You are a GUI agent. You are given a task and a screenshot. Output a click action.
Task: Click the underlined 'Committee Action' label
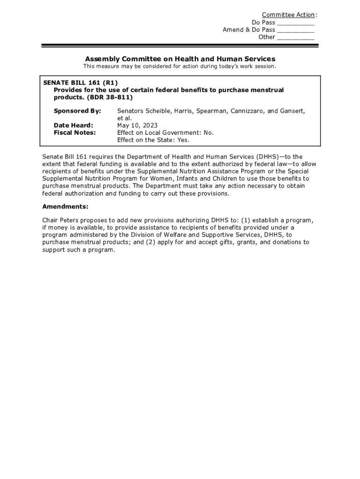tap(288, 15)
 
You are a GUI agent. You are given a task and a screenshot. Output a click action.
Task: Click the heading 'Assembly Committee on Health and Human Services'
tap(180, 59)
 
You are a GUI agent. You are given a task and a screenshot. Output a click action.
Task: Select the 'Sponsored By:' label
tap(77, 111)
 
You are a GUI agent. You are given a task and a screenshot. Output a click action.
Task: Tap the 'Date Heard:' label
tap(73, 125)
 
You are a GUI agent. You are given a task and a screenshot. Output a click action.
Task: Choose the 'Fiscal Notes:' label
tap(75, 133)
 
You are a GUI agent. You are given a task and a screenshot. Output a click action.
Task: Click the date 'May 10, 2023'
tap(137, 125)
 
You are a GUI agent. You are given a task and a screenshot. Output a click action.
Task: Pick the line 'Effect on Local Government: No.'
tap(165, 133)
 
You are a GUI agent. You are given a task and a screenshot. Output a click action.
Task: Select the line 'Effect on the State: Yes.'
tap(153, 140)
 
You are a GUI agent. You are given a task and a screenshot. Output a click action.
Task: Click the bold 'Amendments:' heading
tap(65, 207)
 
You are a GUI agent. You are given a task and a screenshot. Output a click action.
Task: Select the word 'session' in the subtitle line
tap(265, 66)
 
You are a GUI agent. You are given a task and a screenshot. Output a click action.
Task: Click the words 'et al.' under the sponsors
tap(124, 118)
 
